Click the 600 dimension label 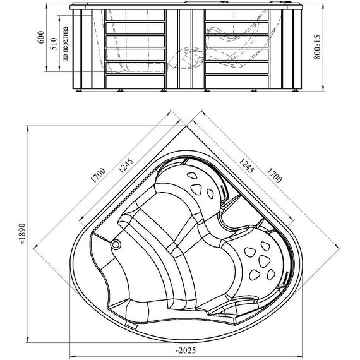click(41, 37)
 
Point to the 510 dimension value click(53, 44)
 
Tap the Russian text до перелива click(66, 44)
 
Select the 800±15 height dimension click(317, 47)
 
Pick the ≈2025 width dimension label click(185, 351)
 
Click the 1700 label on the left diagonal click(99, 176)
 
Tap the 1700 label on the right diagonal click(274, 175)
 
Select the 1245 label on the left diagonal click(125, 165)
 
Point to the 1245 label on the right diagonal click(247, 165)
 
